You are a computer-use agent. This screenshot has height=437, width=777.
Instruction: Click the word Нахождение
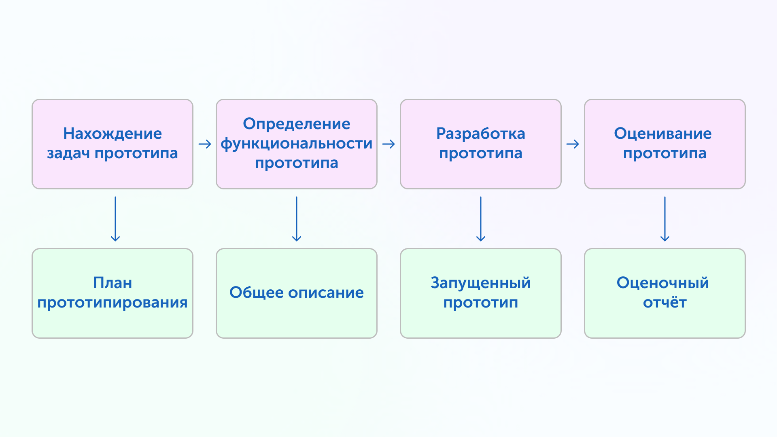pyautogui.click(x=113, y=134)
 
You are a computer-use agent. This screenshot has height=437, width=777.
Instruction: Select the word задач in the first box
pyautogui.click(x=68, y=154)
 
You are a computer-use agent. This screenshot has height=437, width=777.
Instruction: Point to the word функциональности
pyautogui.click(x=297, y=144)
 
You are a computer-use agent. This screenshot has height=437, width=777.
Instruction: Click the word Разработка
pyautogui.click(x=481, y=134)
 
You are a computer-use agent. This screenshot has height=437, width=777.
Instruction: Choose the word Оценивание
pyautogui.click(x=663, y=134)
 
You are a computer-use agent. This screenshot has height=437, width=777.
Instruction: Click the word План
pyautogui.click(x=113, y=283)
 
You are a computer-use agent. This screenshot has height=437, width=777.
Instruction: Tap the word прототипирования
pyautogui.click(x=113, y=303)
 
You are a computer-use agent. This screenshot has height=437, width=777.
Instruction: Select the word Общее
pyautogui.click(x=256, y=293)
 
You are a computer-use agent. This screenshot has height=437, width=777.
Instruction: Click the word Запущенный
pyautogui.click(x=481, y=283)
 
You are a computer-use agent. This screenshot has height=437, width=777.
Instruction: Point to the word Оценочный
pyautogui.click(x=663, y=283)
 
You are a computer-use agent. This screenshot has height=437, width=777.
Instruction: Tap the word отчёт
pyautogui.click(x=665, y=302)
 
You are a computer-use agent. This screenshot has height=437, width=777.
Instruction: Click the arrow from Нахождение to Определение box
pyautogui.click(x=205, y=144)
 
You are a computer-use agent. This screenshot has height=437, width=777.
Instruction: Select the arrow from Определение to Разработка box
pyautogui.click(x=388, y=144)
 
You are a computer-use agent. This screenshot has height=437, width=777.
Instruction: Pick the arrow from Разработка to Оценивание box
pyautogui.click(x=573, y=144)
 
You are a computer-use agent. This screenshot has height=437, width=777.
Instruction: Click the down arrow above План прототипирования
pyautogui.click(x=115, y=219)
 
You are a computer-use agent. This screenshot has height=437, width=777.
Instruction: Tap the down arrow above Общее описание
pyautogui.click(x=297, y=219)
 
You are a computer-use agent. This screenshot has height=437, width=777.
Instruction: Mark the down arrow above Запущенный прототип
pyautogui.click(x=481, y=219)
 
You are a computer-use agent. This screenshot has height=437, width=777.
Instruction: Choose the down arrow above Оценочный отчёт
pyautogui.click(x=665, y=219)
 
